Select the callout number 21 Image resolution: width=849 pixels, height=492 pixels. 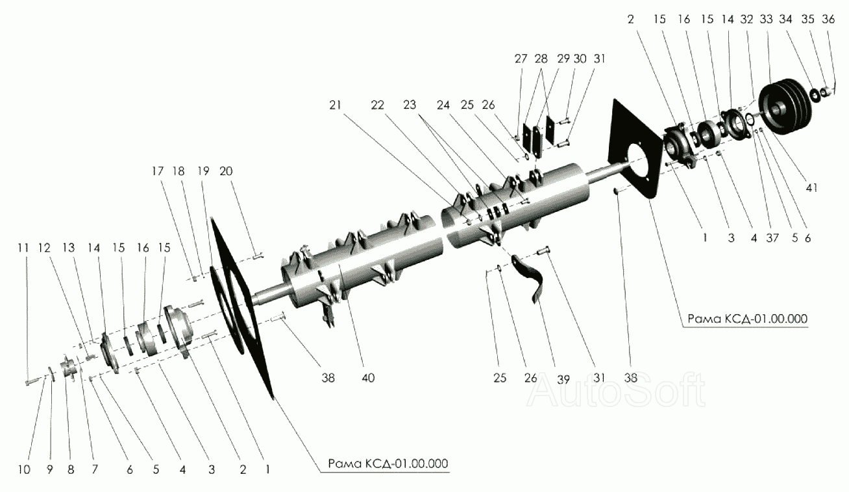[352, 105]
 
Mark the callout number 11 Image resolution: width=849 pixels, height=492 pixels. [24, 248]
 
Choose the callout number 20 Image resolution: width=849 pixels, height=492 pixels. [226, 171]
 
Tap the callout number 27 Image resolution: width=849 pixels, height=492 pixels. [521, 58]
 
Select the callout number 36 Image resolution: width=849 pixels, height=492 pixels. [828, 20]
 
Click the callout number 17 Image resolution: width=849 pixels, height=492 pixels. [158, 171]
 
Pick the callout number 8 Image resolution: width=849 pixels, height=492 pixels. [71, 470]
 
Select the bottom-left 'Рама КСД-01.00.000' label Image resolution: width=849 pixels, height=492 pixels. [388, 463]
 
